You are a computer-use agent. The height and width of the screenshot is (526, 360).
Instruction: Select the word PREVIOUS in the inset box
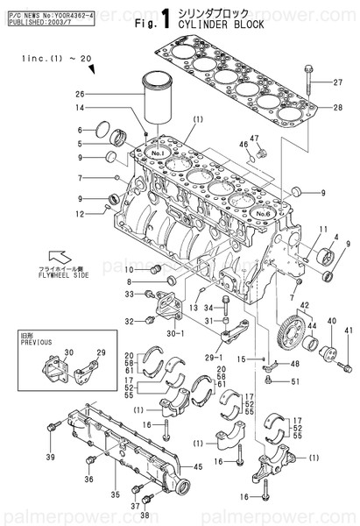coord(31,343)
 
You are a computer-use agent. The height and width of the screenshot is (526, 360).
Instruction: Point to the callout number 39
coord(49,458)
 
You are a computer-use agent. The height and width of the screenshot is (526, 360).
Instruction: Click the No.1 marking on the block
coord(158,151)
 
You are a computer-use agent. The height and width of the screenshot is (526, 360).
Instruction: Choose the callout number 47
coord(255,139)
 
